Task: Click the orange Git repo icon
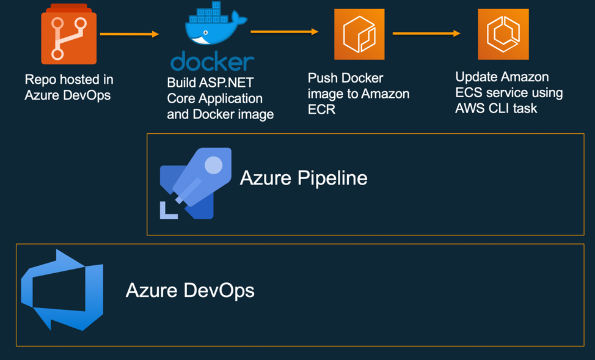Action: (68, 35)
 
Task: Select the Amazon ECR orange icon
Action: (359, 34)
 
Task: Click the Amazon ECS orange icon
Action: (503, 34)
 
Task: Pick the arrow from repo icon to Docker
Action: (129, 34)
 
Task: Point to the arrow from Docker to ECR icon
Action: (284, 32)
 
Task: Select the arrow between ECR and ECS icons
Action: (426, 34)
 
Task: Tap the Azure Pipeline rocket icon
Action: (195, 183)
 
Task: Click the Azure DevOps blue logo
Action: (63, 290)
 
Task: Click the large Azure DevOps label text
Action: (190, 290)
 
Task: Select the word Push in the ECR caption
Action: (322, 78)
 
